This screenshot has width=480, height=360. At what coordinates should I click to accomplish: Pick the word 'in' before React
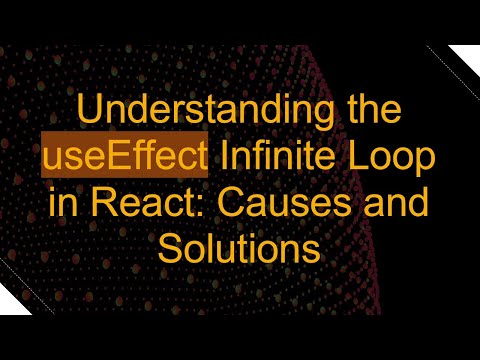pos(61,203)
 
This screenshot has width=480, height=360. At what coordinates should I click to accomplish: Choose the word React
pos(130,203)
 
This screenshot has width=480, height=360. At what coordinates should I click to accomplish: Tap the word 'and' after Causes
pos(395,203)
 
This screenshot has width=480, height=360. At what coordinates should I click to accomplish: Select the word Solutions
pos(240,248)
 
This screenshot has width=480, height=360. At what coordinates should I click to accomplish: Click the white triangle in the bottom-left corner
pos(14,297)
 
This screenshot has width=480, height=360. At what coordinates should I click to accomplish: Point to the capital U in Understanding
pos(89,113)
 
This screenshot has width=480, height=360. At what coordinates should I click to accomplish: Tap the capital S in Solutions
pos(168,248)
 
